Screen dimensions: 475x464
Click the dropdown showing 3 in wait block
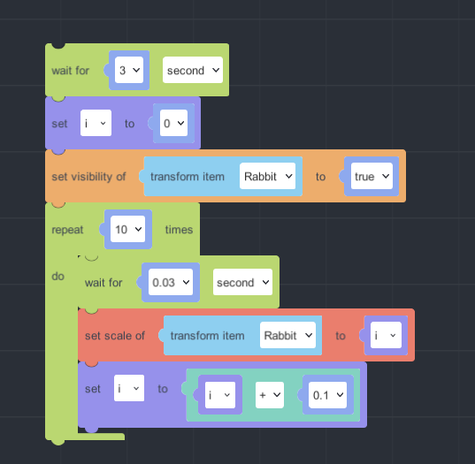[129, 70]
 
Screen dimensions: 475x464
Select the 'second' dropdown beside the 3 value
[193, 70]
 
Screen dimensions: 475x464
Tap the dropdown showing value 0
[173, 123]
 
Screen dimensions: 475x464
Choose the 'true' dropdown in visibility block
[372, 176]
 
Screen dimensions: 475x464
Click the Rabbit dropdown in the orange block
[267, 176]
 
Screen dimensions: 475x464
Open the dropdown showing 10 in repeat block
[128, 229]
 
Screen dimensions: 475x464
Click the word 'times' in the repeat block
[179, 230]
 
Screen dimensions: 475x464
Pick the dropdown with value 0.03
[171, 282]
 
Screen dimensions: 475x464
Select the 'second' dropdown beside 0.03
[242, 282]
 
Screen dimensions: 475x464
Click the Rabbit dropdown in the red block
[287, 335]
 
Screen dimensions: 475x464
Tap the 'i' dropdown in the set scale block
[386, 335]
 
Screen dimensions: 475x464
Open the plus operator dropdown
[270, 395]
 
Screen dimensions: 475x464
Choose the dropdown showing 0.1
[328, 395]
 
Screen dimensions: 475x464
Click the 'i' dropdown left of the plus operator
[220, 395]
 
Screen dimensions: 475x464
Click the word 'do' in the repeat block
[57, 277]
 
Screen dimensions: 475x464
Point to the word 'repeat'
[67, 230]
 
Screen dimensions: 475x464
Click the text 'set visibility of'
[88, 177]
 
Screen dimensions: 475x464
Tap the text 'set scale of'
[115, 336]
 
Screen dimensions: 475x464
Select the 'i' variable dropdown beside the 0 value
[96, 123]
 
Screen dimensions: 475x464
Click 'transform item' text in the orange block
[188, 177]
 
